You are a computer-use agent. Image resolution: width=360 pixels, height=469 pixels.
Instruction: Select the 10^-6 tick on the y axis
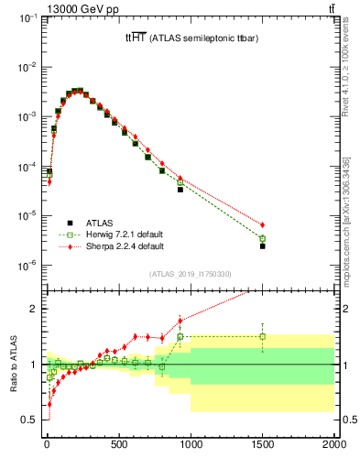29,266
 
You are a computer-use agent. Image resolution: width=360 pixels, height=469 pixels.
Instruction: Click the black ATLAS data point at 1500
263,246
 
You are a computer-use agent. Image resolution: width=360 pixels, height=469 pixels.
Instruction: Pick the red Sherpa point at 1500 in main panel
263,224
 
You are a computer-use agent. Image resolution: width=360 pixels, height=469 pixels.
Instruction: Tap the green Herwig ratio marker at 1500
263,336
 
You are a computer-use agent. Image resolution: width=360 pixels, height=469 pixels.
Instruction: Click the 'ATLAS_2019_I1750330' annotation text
190,274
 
